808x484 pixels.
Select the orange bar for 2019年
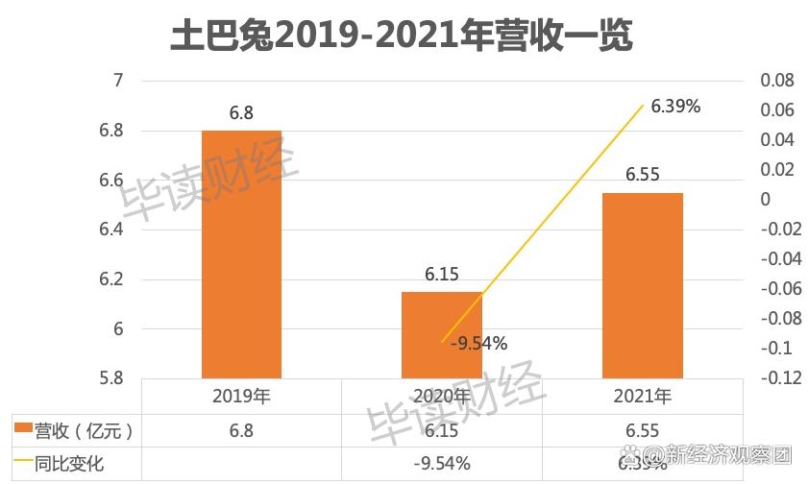[241, 254]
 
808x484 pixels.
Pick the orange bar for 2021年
[642, 285]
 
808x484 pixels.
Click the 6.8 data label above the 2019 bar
[241, 113]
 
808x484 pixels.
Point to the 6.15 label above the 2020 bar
[441, 275]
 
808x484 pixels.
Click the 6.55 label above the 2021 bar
[642, 176]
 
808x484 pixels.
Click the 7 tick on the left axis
[119, 81]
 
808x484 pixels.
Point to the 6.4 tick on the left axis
[113, 230]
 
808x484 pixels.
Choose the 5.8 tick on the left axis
[113, 378]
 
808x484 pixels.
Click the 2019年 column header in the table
[241, 397]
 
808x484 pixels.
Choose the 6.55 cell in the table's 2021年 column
[642, 430]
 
